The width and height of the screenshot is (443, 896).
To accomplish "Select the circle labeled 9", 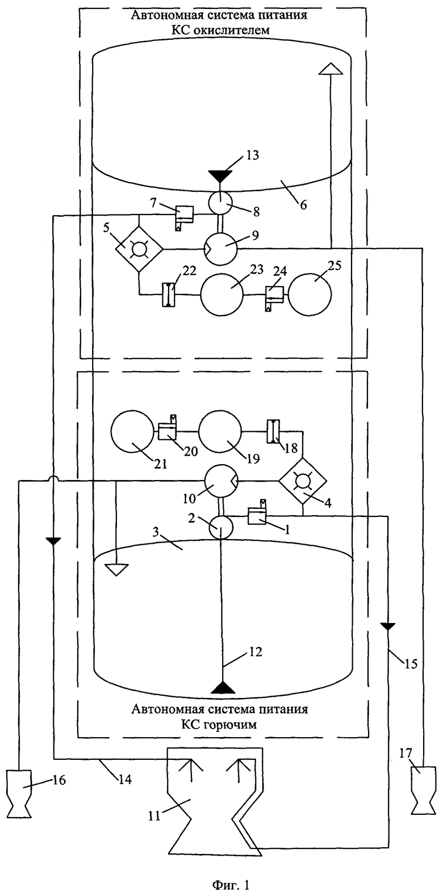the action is (221, 249).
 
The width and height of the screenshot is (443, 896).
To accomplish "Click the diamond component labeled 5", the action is (139, 249).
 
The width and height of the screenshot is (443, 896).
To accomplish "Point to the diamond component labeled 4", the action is (303, 481).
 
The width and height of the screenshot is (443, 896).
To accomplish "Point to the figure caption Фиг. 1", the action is (231, 882).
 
